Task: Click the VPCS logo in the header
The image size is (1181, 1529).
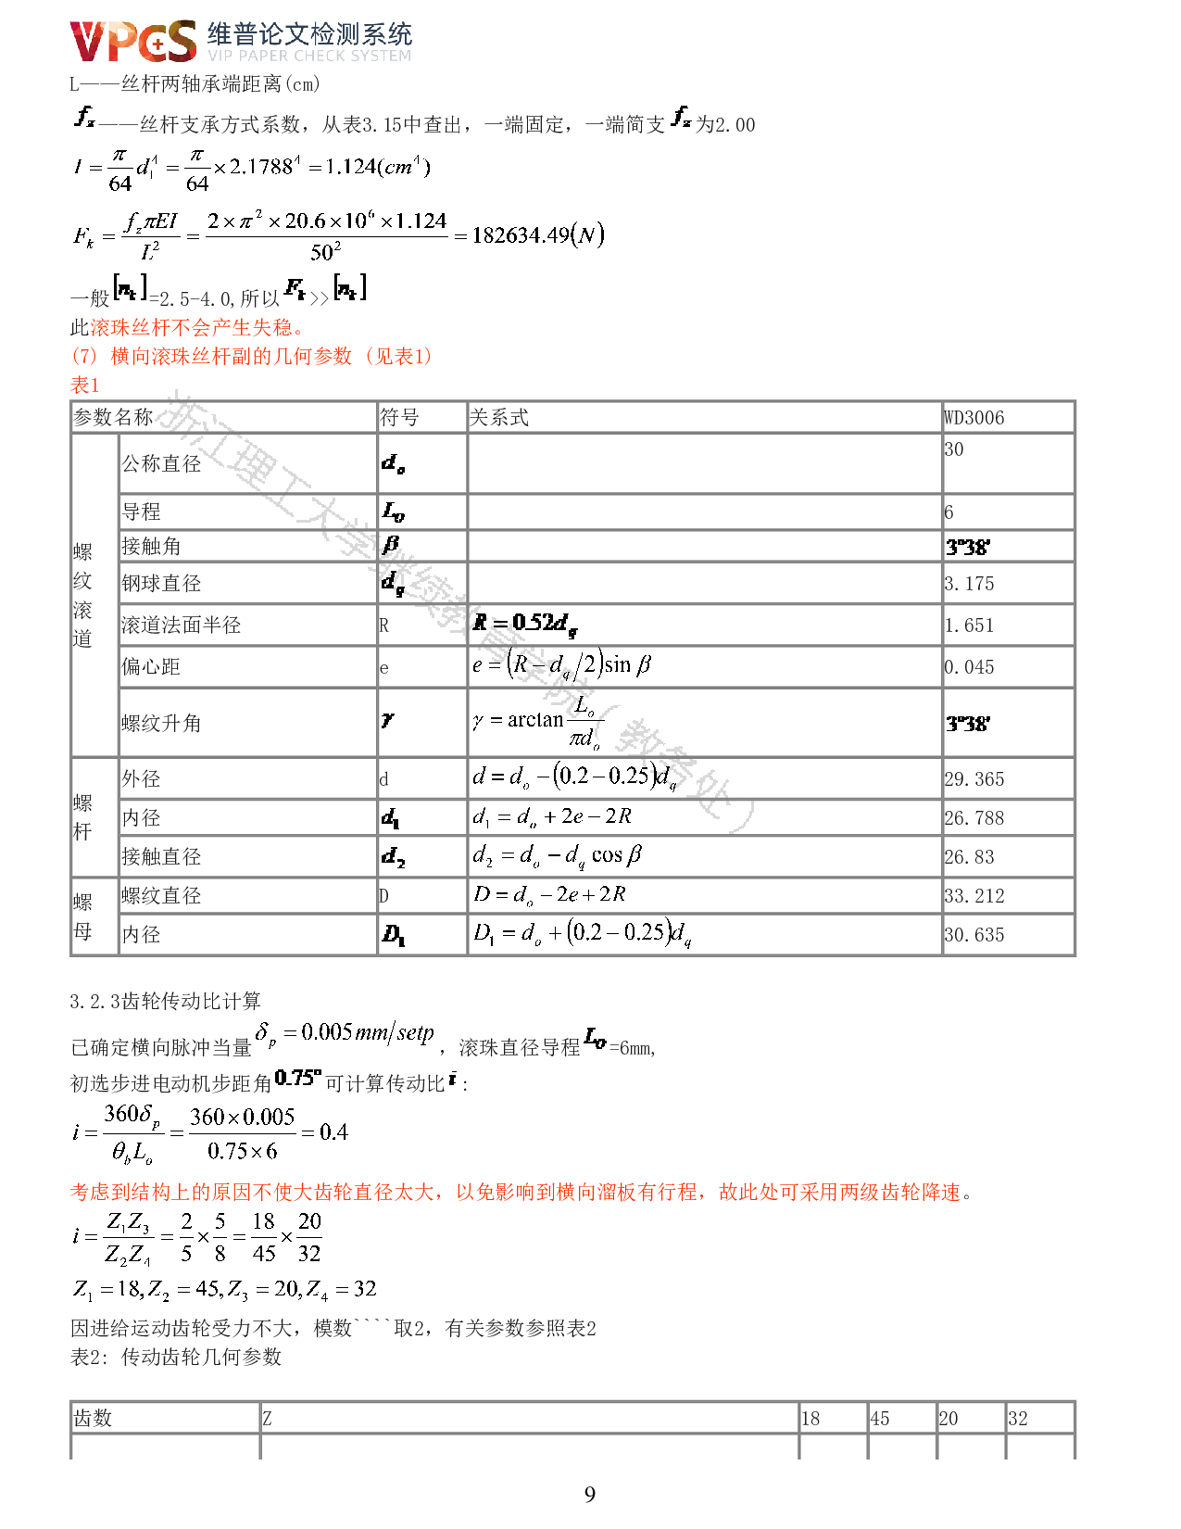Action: (133, 42)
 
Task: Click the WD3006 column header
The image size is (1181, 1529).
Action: (974, 418)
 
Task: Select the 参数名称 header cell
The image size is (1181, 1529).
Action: (113, 418)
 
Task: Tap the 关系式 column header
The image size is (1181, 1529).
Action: (499, 418)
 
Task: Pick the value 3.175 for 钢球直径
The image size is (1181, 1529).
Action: (969, 584)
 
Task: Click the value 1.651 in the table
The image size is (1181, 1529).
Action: (969, 625)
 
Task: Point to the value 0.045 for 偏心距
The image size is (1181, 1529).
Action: (969, 667)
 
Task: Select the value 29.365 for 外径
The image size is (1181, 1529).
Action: (974, 779)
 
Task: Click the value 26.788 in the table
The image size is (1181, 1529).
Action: (974, 818)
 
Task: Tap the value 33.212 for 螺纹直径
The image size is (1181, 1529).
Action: (974, 896)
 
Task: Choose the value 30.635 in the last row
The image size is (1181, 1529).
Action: (974, 935)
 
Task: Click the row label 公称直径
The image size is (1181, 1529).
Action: (161, 463)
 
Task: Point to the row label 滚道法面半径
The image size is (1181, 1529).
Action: (181, 625)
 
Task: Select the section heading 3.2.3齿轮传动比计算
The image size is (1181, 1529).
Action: (166, 1001)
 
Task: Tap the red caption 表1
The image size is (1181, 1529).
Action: (84, 385)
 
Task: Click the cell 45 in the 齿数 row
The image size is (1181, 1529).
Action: (879, 1419)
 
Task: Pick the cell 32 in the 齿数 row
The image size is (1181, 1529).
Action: (1018, 1419)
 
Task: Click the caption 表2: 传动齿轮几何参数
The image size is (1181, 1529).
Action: (176, 1357)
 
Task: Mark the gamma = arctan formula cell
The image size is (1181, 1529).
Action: (536, 722)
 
